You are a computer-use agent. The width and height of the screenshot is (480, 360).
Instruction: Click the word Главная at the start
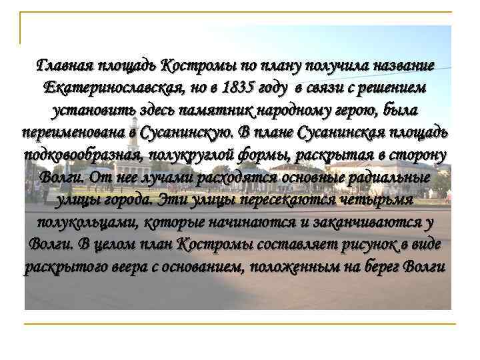click(x=64, y=65)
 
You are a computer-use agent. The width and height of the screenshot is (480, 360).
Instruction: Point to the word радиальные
click(x=384, y=177)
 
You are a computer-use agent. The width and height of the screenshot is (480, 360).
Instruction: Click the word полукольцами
click(x=85, y=222)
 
